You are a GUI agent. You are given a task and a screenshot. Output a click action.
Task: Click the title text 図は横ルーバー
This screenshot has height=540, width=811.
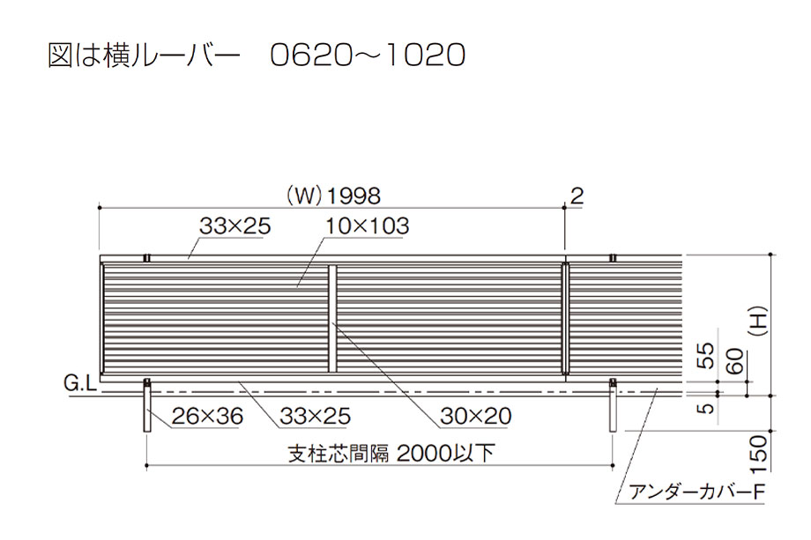click(x=144, y=55)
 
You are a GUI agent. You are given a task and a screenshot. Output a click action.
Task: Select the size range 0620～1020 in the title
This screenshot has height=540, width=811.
click(x=368, y=55)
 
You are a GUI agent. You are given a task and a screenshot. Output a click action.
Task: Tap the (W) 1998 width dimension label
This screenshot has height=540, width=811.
click(x=333, y=196)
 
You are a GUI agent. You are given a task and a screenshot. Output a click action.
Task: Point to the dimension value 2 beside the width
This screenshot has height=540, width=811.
click(x=577, y=196)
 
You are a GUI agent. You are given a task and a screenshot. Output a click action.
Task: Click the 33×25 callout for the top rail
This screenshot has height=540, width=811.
click(x=235, y=226)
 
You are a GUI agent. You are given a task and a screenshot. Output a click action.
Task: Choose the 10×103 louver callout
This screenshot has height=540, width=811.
click(x=368, y=226)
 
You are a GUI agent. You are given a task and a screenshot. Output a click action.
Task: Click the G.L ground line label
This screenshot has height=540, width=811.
click(x=79, y=383)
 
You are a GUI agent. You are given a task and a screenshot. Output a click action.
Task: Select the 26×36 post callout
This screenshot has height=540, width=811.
click(x=207, y=416)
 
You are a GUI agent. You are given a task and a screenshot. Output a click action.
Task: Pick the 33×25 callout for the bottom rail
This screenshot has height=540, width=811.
click(x=316, y=416)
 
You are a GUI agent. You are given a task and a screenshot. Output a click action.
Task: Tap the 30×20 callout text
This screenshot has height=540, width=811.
click(x=476, y=416)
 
